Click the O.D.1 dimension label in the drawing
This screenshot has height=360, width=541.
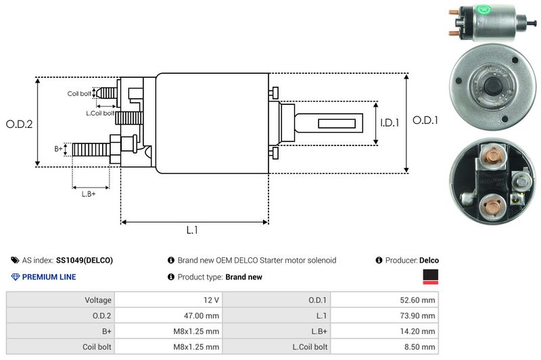(x=426, y=120)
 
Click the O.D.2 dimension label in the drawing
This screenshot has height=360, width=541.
(x=19, y=124)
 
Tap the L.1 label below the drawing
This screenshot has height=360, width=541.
(x=192, y=230)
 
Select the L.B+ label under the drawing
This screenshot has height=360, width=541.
(x=89, y=194)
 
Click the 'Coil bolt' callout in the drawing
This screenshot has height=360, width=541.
(x=79, y=93)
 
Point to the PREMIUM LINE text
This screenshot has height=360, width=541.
(x=49, y=277)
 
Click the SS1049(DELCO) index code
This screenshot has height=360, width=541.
(x=85, y=260)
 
